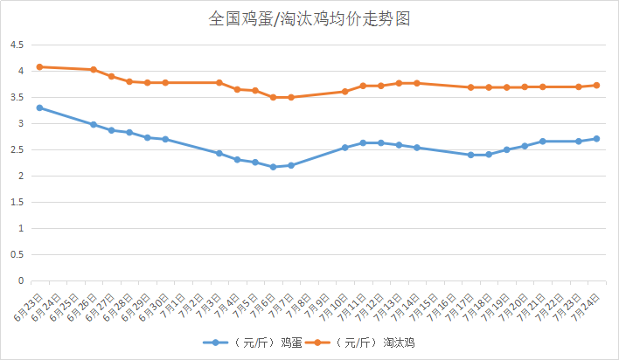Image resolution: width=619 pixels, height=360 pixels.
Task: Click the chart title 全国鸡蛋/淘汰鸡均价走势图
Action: [309, 18]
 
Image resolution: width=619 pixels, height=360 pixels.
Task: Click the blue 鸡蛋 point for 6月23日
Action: [39, 107]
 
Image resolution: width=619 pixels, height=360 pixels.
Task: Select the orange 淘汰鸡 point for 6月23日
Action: [39, 66]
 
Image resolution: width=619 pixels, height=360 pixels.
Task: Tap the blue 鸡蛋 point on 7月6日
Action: [273, 167]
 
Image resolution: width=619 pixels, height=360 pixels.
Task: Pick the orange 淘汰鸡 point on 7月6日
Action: [273, 97]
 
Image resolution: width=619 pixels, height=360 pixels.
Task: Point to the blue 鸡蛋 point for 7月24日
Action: [596, 138]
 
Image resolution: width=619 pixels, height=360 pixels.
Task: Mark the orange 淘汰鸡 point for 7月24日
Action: [596, 85]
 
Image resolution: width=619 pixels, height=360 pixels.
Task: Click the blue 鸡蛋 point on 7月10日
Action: [344, 148]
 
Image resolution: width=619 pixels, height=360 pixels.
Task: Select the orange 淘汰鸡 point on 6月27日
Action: [111, 76]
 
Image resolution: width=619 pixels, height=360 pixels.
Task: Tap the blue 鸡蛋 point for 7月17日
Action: [470, 155]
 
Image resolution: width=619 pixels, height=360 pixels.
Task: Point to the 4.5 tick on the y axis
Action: [17, 45]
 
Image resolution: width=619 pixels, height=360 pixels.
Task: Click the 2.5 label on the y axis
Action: [17, 150]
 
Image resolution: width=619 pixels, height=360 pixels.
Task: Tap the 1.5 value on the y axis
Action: [17, 203]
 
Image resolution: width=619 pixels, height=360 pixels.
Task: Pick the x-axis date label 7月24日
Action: [587, 301]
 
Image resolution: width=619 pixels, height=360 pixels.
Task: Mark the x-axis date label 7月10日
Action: [335, 301]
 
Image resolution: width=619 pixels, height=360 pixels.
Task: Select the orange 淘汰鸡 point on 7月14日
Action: [416, 83]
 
